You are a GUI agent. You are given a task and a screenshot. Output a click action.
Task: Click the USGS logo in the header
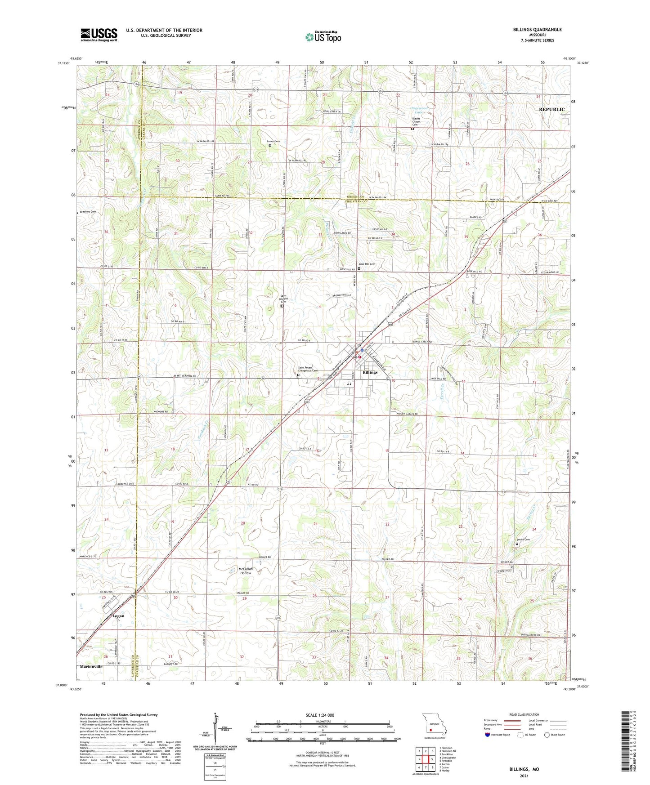(99, 34)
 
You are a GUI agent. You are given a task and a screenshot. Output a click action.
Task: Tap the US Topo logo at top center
(323, 36)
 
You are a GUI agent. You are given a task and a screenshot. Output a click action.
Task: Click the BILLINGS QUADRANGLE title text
(537, 30)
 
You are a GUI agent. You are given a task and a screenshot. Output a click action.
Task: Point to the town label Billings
(370, 372)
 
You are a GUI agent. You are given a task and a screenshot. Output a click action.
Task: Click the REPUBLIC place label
(551, 109)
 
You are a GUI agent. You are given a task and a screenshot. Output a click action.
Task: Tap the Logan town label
(118, 616)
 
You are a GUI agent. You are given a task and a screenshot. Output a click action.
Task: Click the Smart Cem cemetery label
(523, 540)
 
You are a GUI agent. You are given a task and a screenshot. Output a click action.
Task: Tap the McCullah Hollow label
(246, 571)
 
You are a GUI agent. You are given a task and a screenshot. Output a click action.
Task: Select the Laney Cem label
(273, 141)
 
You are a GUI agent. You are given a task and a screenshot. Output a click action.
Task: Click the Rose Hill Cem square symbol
(359, 269)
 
